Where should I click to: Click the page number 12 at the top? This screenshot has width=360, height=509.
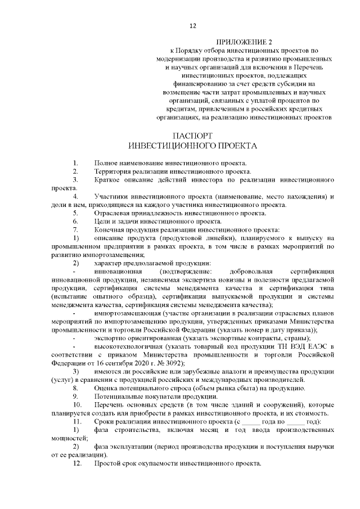[x=192, y=25]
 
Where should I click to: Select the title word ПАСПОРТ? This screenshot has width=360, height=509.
[x=193, y=136]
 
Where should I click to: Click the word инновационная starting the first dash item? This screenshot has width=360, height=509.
[x=121, y=272]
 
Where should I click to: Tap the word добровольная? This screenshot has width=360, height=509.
[x=252, y=272]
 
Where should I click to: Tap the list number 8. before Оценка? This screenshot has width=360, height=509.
[x=76, y=388]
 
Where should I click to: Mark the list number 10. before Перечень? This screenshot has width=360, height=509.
[x=78, y=405]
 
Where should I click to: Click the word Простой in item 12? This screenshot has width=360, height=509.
[x=109, y=464]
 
